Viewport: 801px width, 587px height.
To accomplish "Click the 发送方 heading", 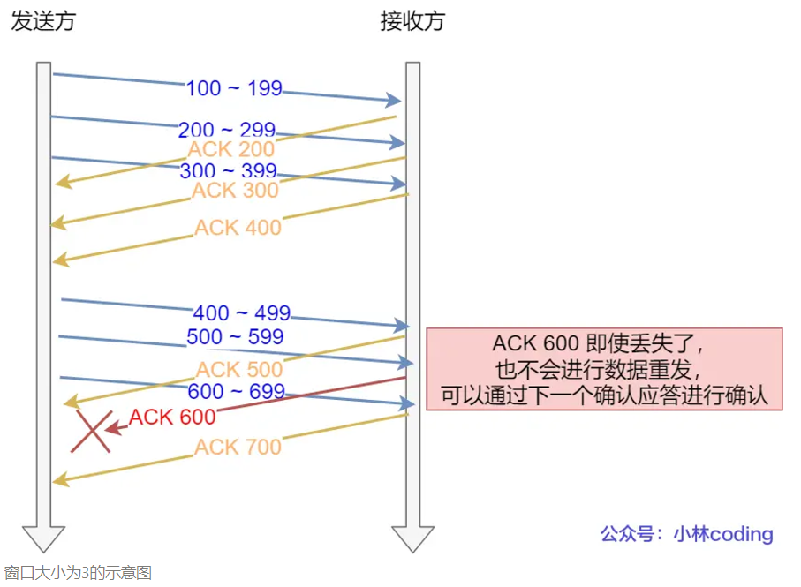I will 43,21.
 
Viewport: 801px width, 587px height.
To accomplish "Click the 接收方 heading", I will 412,21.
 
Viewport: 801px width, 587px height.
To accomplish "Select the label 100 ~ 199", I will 234,88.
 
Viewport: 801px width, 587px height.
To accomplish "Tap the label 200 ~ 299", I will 227,130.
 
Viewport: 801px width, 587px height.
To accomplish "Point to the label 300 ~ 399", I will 227,170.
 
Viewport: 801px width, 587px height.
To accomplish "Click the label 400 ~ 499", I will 242,313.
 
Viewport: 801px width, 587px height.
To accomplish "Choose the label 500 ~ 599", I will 235,336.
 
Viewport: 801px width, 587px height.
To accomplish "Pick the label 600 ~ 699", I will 236,391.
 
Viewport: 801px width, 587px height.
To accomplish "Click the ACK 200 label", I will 231,149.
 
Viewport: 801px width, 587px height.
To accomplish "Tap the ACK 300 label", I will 235,190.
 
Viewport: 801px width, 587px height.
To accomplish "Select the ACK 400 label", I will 238,227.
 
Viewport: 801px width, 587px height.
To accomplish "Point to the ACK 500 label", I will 239,369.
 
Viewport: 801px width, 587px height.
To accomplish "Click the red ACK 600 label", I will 172,417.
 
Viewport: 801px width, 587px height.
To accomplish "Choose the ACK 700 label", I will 238,447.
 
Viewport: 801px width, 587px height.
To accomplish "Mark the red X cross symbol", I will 92,432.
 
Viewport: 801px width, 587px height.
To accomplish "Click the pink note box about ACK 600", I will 604,369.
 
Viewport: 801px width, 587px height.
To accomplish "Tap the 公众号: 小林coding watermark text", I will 686,534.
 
